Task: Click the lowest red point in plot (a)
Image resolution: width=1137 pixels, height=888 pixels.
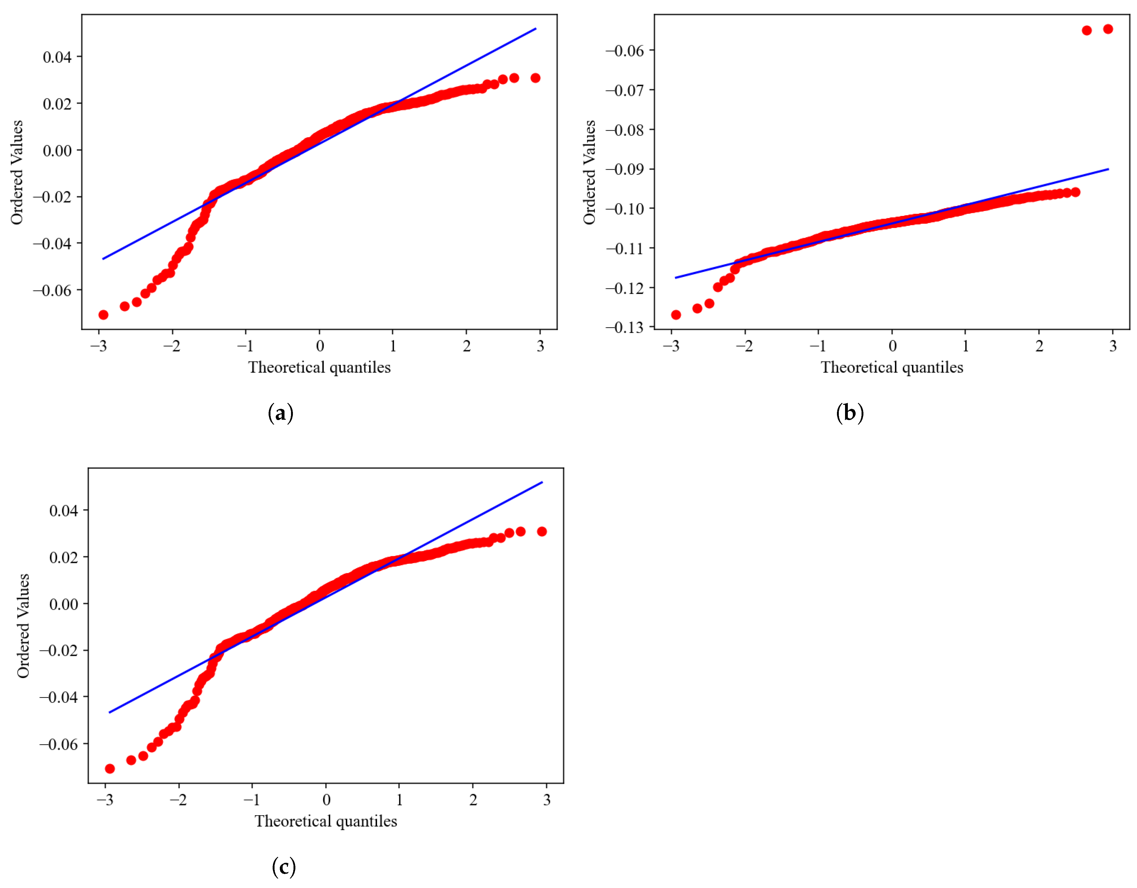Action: tap(103, 315)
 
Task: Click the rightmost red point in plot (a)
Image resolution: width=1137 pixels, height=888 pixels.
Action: tap(535, 78)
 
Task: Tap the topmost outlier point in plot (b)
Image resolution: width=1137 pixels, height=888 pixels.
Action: tap(1108, 29)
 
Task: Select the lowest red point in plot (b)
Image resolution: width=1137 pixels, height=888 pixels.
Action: tap(676, 315)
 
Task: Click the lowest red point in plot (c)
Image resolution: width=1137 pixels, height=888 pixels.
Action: tap(110, 769)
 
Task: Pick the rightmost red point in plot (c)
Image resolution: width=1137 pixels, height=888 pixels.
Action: tap(542, 531)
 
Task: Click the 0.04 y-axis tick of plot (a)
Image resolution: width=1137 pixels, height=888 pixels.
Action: tap(57, 57)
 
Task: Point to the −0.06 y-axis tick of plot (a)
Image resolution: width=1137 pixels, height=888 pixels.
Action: tap(52, 290)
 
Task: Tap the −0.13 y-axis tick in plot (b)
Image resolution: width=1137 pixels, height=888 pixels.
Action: tap(625, 327)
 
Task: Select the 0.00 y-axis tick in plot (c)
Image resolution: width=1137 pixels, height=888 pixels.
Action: tap(63, 604)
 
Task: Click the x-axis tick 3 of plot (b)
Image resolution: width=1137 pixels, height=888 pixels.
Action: tap(1112, 346)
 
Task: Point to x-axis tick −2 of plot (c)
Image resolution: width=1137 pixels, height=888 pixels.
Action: tap(179, 800)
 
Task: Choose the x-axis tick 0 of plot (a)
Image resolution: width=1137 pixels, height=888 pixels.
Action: tap(320, 346)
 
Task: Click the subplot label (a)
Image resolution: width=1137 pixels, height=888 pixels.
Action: tap(281, 413)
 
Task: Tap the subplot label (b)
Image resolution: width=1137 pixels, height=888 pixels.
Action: tap(850, 413)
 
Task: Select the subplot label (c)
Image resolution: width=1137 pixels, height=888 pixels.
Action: tap(284, 867)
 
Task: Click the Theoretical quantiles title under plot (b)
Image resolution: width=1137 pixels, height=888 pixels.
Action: tap(892, 367)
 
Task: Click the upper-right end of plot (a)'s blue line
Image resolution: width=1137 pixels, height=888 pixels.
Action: tap(536, 29)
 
